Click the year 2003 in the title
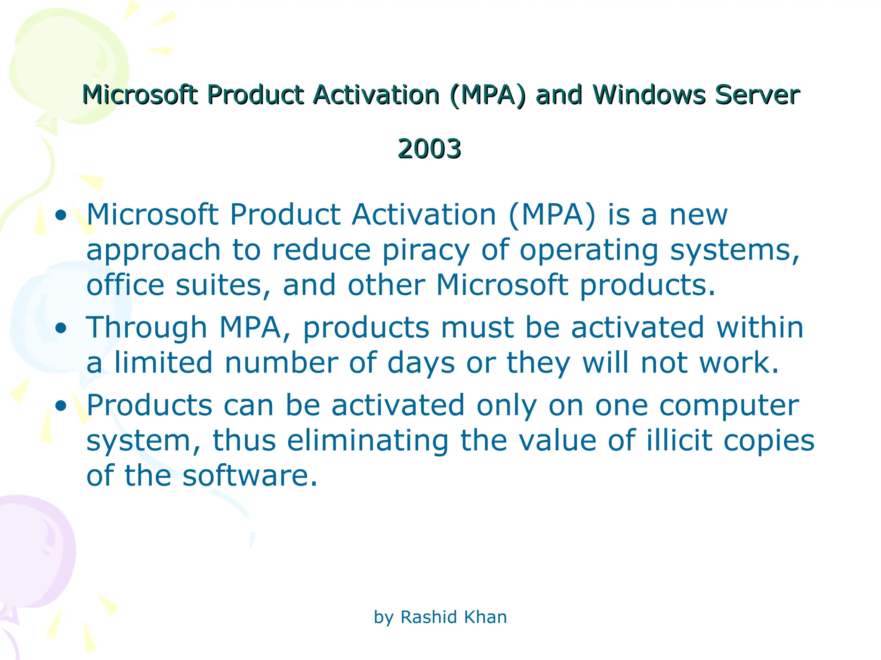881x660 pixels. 429,149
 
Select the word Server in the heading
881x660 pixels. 757,95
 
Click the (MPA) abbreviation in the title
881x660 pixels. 488,95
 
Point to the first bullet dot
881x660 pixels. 61,215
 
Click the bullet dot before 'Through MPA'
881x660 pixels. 61,328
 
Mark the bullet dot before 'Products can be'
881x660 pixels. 61,406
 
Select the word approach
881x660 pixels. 154,251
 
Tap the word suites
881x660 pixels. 223,285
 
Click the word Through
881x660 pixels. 147,328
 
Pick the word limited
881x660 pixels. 163,363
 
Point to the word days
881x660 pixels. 421,364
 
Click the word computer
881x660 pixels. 729,406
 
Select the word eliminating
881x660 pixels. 368,441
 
